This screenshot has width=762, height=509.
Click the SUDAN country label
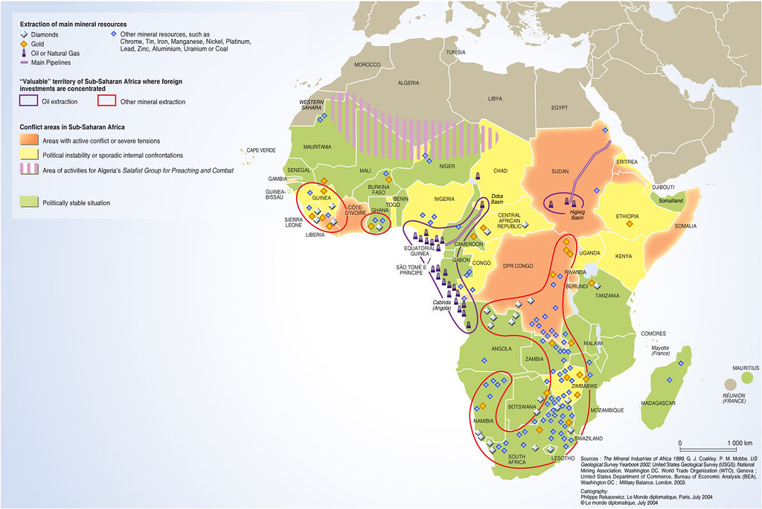click(559, 170)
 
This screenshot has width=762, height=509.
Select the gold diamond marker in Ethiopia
click(630, 223)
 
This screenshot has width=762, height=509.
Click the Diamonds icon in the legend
click(25, 34)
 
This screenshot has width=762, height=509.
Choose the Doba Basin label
click(498, 199)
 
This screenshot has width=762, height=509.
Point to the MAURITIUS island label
click(743, 368)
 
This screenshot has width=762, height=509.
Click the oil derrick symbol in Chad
click(478, 177)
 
